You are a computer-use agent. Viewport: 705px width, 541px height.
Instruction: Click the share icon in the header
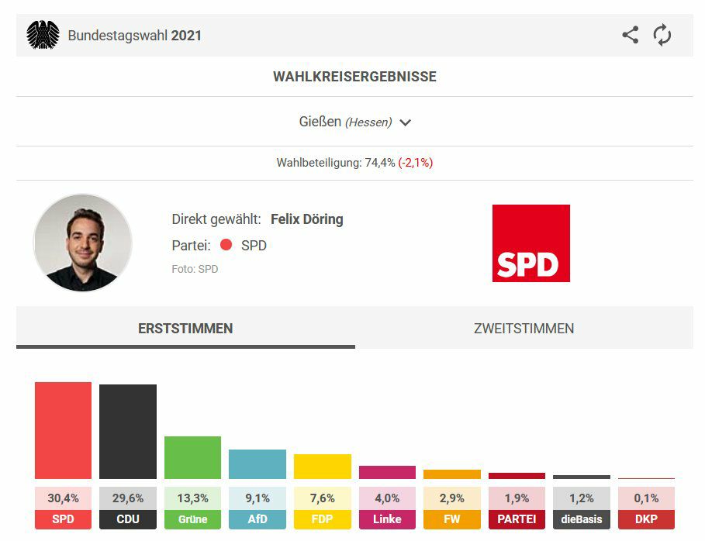pos(631,35)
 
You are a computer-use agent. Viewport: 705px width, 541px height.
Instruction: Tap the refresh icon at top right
pos(662,35)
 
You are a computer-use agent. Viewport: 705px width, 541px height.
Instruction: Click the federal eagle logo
pos(43,35)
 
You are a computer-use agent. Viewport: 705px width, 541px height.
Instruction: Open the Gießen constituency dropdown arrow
pos(405,122)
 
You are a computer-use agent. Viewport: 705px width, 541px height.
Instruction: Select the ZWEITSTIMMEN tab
pos(524,329)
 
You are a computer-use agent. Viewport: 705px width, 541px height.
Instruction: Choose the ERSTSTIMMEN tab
pos(185,329)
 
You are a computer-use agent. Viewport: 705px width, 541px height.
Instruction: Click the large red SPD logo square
pos(530,243)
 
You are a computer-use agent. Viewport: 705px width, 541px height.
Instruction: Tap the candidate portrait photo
pos(83,243)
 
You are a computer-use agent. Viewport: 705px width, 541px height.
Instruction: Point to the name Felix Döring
pos(306,219)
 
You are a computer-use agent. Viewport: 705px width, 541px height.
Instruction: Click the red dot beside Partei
pos(226,245)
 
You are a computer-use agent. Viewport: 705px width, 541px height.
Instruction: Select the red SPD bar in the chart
pos(63,430)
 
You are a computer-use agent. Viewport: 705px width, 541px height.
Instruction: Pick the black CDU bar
pos(128,432)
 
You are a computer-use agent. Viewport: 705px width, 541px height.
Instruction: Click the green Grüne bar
pos(192,457)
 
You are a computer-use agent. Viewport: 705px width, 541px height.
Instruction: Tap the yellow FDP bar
pos(322,466)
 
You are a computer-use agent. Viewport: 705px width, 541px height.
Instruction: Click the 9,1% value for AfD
pos(257,498)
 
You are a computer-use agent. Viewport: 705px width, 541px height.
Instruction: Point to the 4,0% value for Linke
pos(387,498)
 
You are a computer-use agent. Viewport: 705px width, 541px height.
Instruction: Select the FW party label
pos(451,519)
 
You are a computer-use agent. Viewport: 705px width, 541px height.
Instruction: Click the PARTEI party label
pos(517,519)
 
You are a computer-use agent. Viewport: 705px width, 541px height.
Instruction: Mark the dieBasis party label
pos(581,519)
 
